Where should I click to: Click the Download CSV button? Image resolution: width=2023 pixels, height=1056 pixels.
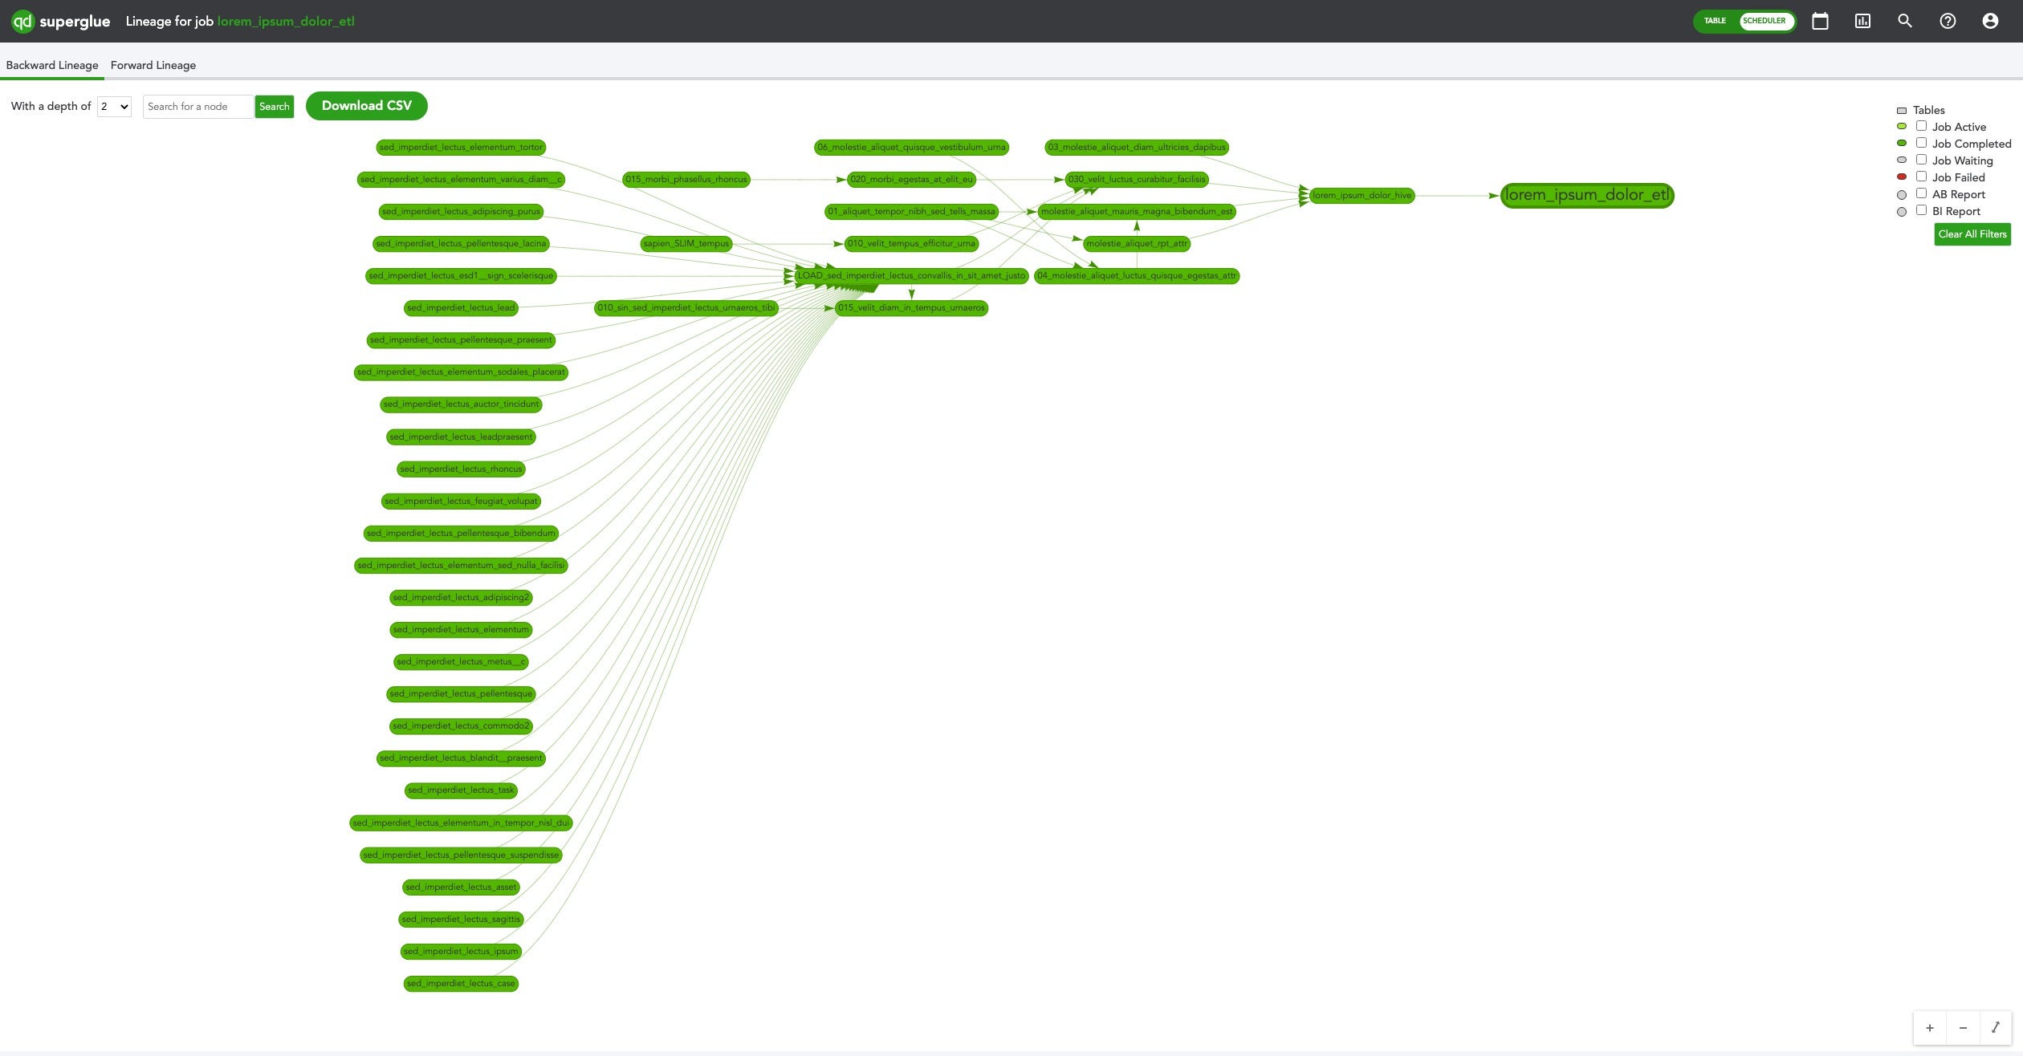pos(366,106)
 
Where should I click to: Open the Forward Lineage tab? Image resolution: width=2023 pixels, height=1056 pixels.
pos(153,65)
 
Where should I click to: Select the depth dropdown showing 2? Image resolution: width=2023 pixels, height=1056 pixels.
pos(114,107)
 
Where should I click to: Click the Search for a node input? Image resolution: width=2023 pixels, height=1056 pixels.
pos(198,107)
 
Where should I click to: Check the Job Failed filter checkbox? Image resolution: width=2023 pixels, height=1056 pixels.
pos(1921,177)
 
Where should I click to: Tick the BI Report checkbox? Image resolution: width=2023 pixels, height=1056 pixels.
pos(1921,210)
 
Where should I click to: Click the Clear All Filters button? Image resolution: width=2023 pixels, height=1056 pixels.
pos(1972,234)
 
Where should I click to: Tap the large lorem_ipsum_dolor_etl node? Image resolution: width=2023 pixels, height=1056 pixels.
pos(1586,195)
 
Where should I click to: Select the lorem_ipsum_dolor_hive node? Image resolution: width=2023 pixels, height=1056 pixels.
pos(1362,195)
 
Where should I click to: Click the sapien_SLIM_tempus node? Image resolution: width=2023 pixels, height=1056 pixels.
pos(686,243)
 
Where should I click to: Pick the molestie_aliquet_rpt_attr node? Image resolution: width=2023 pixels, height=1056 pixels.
pos(1136,243)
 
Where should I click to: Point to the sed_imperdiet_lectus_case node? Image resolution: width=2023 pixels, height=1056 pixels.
pos(461,983)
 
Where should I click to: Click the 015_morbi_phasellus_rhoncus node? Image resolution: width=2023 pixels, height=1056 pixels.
pos(686,179)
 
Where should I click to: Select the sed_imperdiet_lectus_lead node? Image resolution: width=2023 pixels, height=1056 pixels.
pos(461,307)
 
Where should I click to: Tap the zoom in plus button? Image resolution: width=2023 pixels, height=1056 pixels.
pos(1930,1028)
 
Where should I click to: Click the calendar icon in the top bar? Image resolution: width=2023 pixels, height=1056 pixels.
pos(1820,21)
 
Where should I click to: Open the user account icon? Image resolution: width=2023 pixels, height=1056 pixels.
pos(1990,21)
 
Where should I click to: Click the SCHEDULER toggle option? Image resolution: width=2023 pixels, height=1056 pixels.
pos(1765,21)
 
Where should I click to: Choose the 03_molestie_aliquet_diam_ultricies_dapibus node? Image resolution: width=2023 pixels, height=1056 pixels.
pos(1137,147)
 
